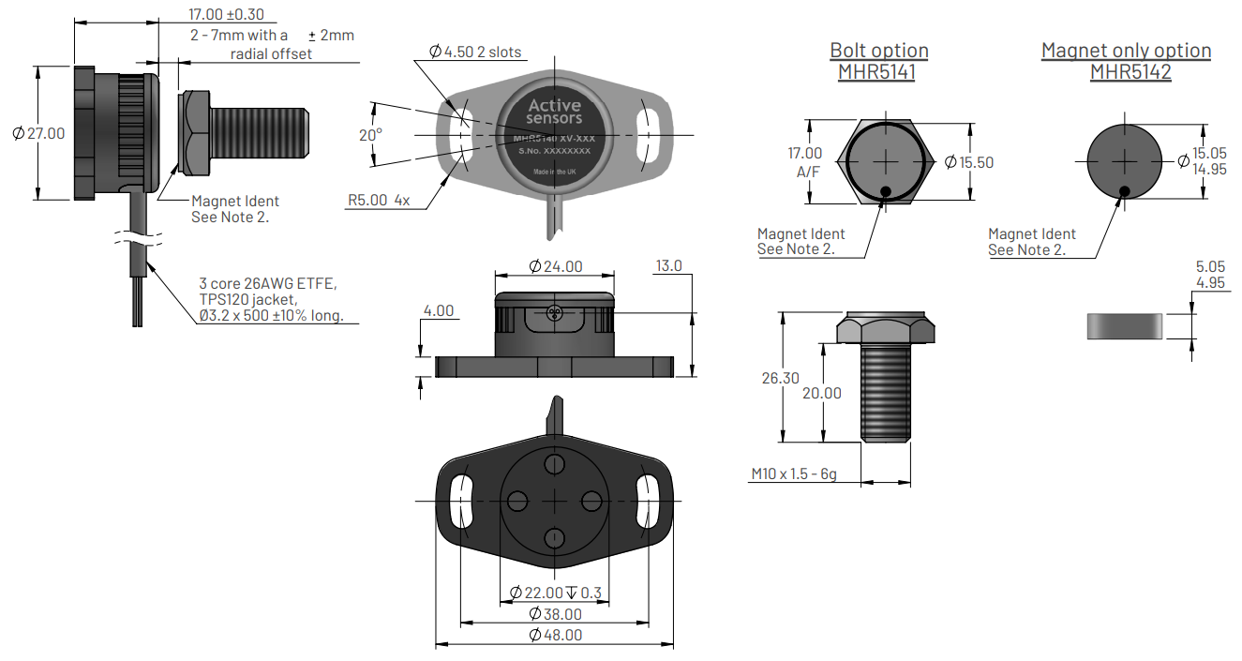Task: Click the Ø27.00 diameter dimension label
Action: [39, 133]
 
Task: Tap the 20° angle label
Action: [371, 135]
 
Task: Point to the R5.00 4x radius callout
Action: [379, 200]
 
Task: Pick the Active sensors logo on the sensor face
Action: [554, 112]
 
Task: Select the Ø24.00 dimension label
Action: [555, 266]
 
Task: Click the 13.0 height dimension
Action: [668, 266]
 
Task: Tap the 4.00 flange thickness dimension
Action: [439, 310]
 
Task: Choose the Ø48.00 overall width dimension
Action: [555, 635]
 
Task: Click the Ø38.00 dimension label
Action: [555, 614]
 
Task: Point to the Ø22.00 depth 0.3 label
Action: [555, 593]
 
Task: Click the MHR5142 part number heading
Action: [1130, 72]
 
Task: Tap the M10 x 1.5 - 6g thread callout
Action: [793, 474]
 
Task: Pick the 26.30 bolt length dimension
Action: [780, 378]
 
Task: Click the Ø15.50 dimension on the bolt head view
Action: [968, 162]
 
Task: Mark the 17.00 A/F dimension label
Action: [804, 161]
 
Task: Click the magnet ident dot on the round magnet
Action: [1124, 191]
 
